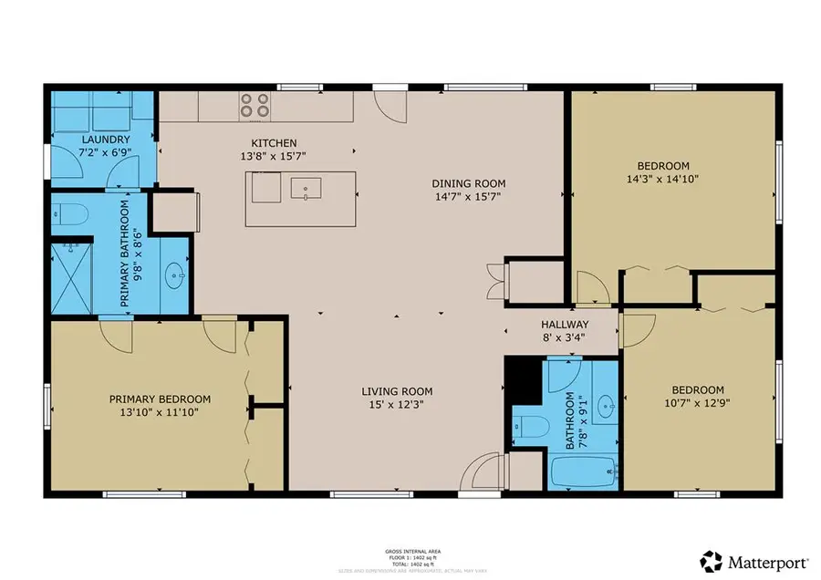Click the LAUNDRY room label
tap(78, 139)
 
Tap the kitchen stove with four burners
tap(254, 106)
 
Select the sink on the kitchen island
tap(305, 189)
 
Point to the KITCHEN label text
tap(275, 143)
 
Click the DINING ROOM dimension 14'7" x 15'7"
tap(468, 196)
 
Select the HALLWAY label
tap(565, 325)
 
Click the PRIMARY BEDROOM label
tap(160, 399)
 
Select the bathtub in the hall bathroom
tap(584, 472)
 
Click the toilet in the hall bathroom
tap(528, 426)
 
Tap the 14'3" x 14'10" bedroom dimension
tap(662, 180)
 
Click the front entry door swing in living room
tap(479, 474)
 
